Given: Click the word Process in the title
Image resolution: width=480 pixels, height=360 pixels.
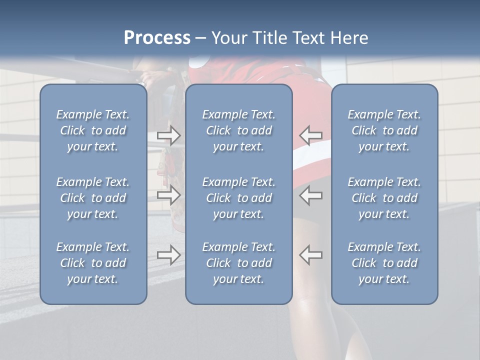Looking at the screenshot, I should [157, 37].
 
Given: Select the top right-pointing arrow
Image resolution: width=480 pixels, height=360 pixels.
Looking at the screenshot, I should [169, 135].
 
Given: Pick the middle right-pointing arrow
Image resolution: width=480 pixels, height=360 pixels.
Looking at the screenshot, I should [169, 195].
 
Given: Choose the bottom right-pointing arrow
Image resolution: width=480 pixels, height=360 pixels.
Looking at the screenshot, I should [169, 255].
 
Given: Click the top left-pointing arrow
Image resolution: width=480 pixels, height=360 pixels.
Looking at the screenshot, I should [311, 135].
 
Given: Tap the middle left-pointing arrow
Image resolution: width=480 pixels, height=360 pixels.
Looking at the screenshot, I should [311, 195].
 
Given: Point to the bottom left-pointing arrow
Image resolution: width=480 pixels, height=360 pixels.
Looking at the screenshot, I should [311, 255].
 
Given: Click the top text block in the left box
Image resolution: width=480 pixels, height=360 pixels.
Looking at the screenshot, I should [93, 130].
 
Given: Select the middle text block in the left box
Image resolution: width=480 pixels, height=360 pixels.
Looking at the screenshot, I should [93, 198].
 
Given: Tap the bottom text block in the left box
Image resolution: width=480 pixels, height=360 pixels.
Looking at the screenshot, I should [93, 263].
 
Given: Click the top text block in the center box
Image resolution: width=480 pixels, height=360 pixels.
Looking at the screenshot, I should [238, 130].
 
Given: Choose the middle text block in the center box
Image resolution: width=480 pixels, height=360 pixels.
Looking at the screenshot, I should [238, 198].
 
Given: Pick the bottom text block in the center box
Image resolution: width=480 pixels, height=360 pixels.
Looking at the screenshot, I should [238, 263].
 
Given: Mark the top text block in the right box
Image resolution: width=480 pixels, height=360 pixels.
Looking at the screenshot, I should [384, 130].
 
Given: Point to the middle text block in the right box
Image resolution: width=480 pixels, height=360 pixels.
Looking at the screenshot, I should [384, 198].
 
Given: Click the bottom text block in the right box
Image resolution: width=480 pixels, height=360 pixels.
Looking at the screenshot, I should [384, 263].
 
